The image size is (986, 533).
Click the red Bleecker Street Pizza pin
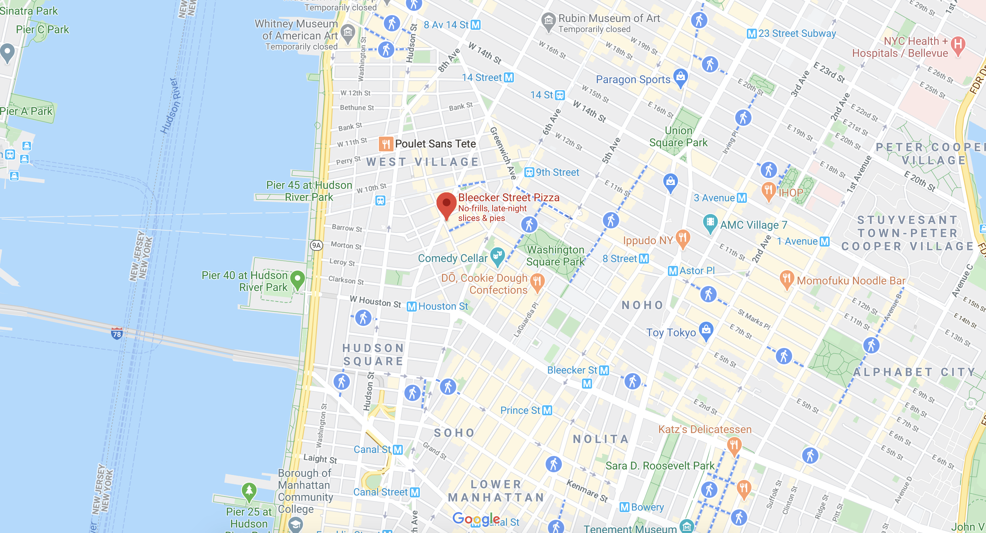pyautogui.click(x=446, y=203)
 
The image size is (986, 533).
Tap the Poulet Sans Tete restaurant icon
pyautogui.click(x=386, y=144)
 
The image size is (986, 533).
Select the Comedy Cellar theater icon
pyautogui.click(x=498, y=255)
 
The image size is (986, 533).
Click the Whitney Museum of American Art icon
pyautogui.click(x=348, y=32)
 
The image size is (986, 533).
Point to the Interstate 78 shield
pyautogui.click(x=116, y=334)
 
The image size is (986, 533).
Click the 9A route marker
pyautogui.click(x=317, y=245)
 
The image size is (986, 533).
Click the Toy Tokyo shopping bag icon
pyautogui.click(x=706, y=330)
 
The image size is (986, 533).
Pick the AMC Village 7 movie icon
pyautogui.click(x=710, y=222)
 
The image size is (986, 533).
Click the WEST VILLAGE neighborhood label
pyautogui.click(x=423, y=162)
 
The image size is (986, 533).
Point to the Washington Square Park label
pyautogui.click(x=555, y=256)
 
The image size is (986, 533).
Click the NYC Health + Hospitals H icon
pyautogui.click(x=958, y=45)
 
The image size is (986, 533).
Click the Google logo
pyautogui.click(x=476, y=519)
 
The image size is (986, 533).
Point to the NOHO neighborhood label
pyautogui.click(x=642, y=305)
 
